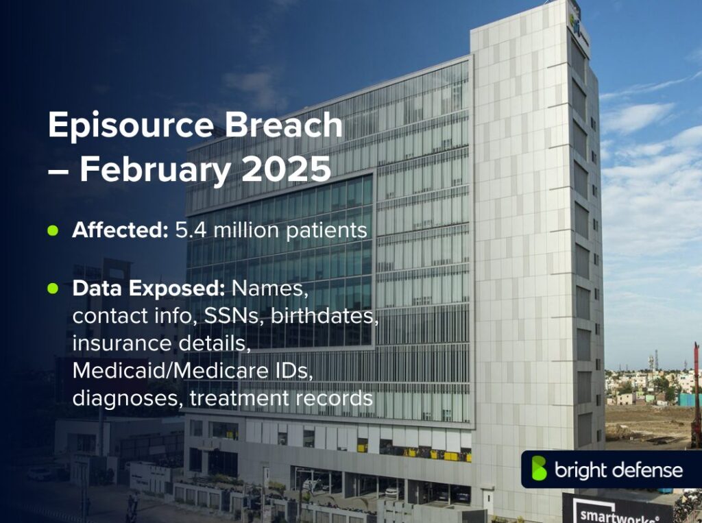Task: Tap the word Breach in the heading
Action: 293,125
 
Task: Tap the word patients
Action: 324,230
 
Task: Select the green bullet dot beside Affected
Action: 52,230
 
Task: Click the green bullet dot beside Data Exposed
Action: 52,289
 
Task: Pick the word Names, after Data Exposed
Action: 270,289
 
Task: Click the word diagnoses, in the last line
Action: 127,398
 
